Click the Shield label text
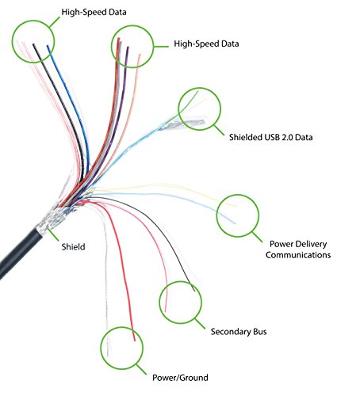[x=74, y=248]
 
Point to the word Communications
[x=298, y=255]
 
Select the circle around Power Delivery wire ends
[x=238, y=214]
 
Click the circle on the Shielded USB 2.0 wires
[x=198, y=109]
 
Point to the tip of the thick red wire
[x=135, y=338]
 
